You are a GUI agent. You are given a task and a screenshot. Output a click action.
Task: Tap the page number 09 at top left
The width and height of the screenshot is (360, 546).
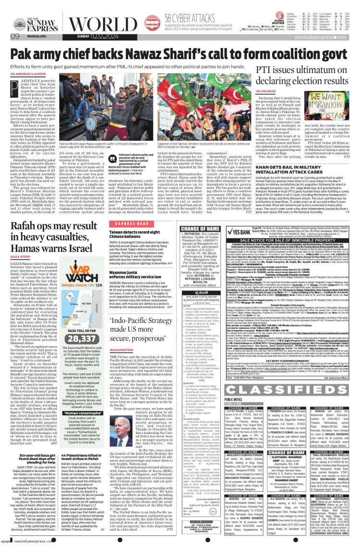[x=15, y=37]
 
